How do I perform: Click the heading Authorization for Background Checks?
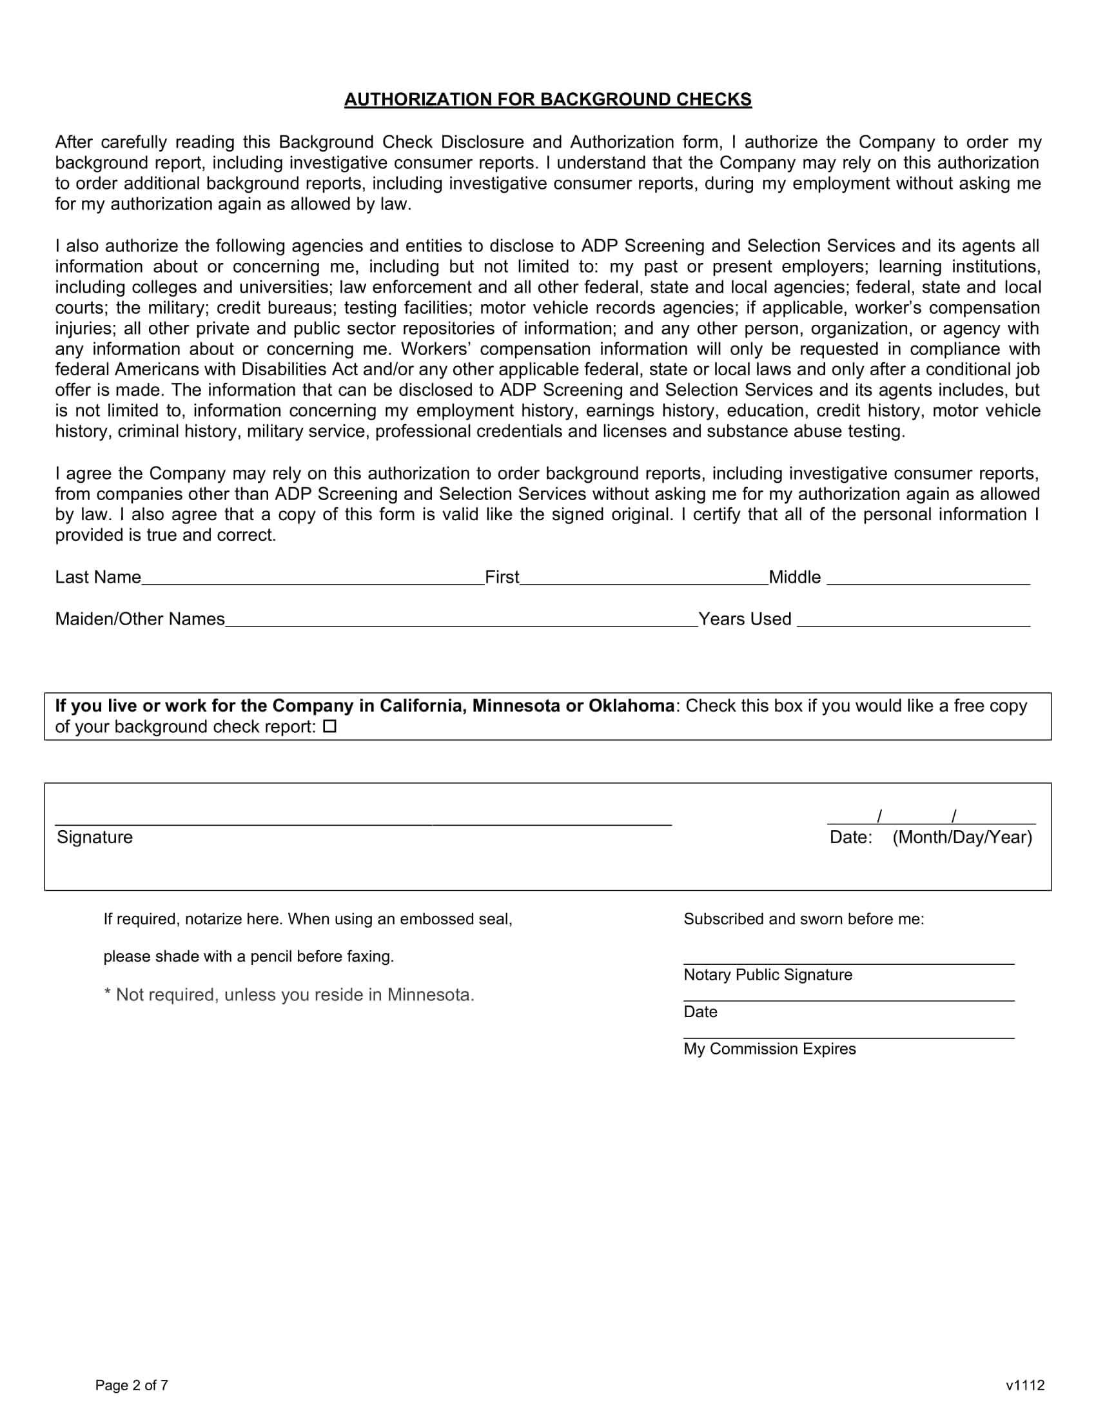(x=547, y=99)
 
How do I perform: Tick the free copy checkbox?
(x=329, y=726)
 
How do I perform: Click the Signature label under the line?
(x=95, y=837)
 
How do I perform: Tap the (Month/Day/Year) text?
(x=962, y=837)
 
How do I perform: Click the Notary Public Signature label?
(x=767, y=975)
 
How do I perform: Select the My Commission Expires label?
(x=769, y=1049)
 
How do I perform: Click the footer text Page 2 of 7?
(x=132, y=1385)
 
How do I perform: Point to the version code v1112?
(x=1024, y=1385)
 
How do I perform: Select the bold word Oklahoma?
(x=631, y=706)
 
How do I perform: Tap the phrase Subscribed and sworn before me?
(x=803, y=918)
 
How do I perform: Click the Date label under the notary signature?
(x=700, y=1011)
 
